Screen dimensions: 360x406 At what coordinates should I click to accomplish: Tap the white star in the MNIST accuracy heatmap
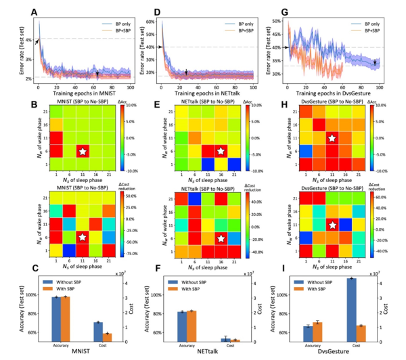[x=83, y=152]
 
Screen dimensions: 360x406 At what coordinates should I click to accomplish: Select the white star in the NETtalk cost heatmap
[x=221, y=238]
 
